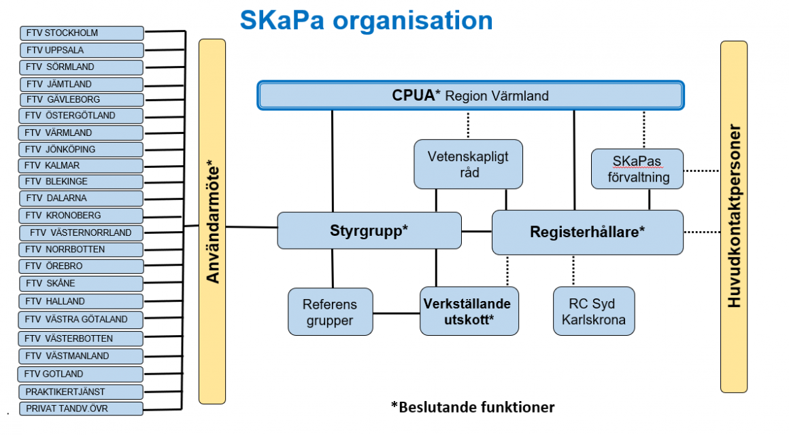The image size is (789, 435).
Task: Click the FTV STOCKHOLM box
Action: (x=82, y=33)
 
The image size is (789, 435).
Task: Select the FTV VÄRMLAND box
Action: (x=80, y=133)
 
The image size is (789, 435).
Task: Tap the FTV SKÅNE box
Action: (x=81, y=283)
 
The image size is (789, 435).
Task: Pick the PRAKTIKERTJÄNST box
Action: (x=81, y=391)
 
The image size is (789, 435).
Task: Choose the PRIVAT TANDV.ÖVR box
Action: (x=81, y=409)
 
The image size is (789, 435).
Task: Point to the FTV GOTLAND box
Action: (x=80, y=374)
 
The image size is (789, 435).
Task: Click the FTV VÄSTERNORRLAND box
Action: (x=81, y=233)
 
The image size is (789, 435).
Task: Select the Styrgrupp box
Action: (x=369, y=230)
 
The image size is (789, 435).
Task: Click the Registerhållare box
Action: (x=587, y=232)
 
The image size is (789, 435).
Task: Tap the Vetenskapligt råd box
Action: (x=468, y=164)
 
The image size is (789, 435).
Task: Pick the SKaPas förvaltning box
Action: (x=637, y=169)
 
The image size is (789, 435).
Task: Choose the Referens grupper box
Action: (x=330, y=312)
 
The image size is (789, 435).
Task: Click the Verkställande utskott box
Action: (x=469, y=311)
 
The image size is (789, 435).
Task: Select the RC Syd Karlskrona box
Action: (x=594, y=311)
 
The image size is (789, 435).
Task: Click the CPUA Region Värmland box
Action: (x=471, y=95)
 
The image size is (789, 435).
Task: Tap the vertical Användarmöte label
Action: (x=213, y=222)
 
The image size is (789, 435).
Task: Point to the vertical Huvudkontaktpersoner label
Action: (x=734, y=216)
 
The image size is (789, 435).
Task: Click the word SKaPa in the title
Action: (x=282, y=20)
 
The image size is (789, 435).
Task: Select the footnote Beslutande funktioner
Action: (x=473, y=407)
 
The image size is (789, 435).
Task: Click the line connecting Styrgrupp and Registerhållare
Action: (x=477, y=231)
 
